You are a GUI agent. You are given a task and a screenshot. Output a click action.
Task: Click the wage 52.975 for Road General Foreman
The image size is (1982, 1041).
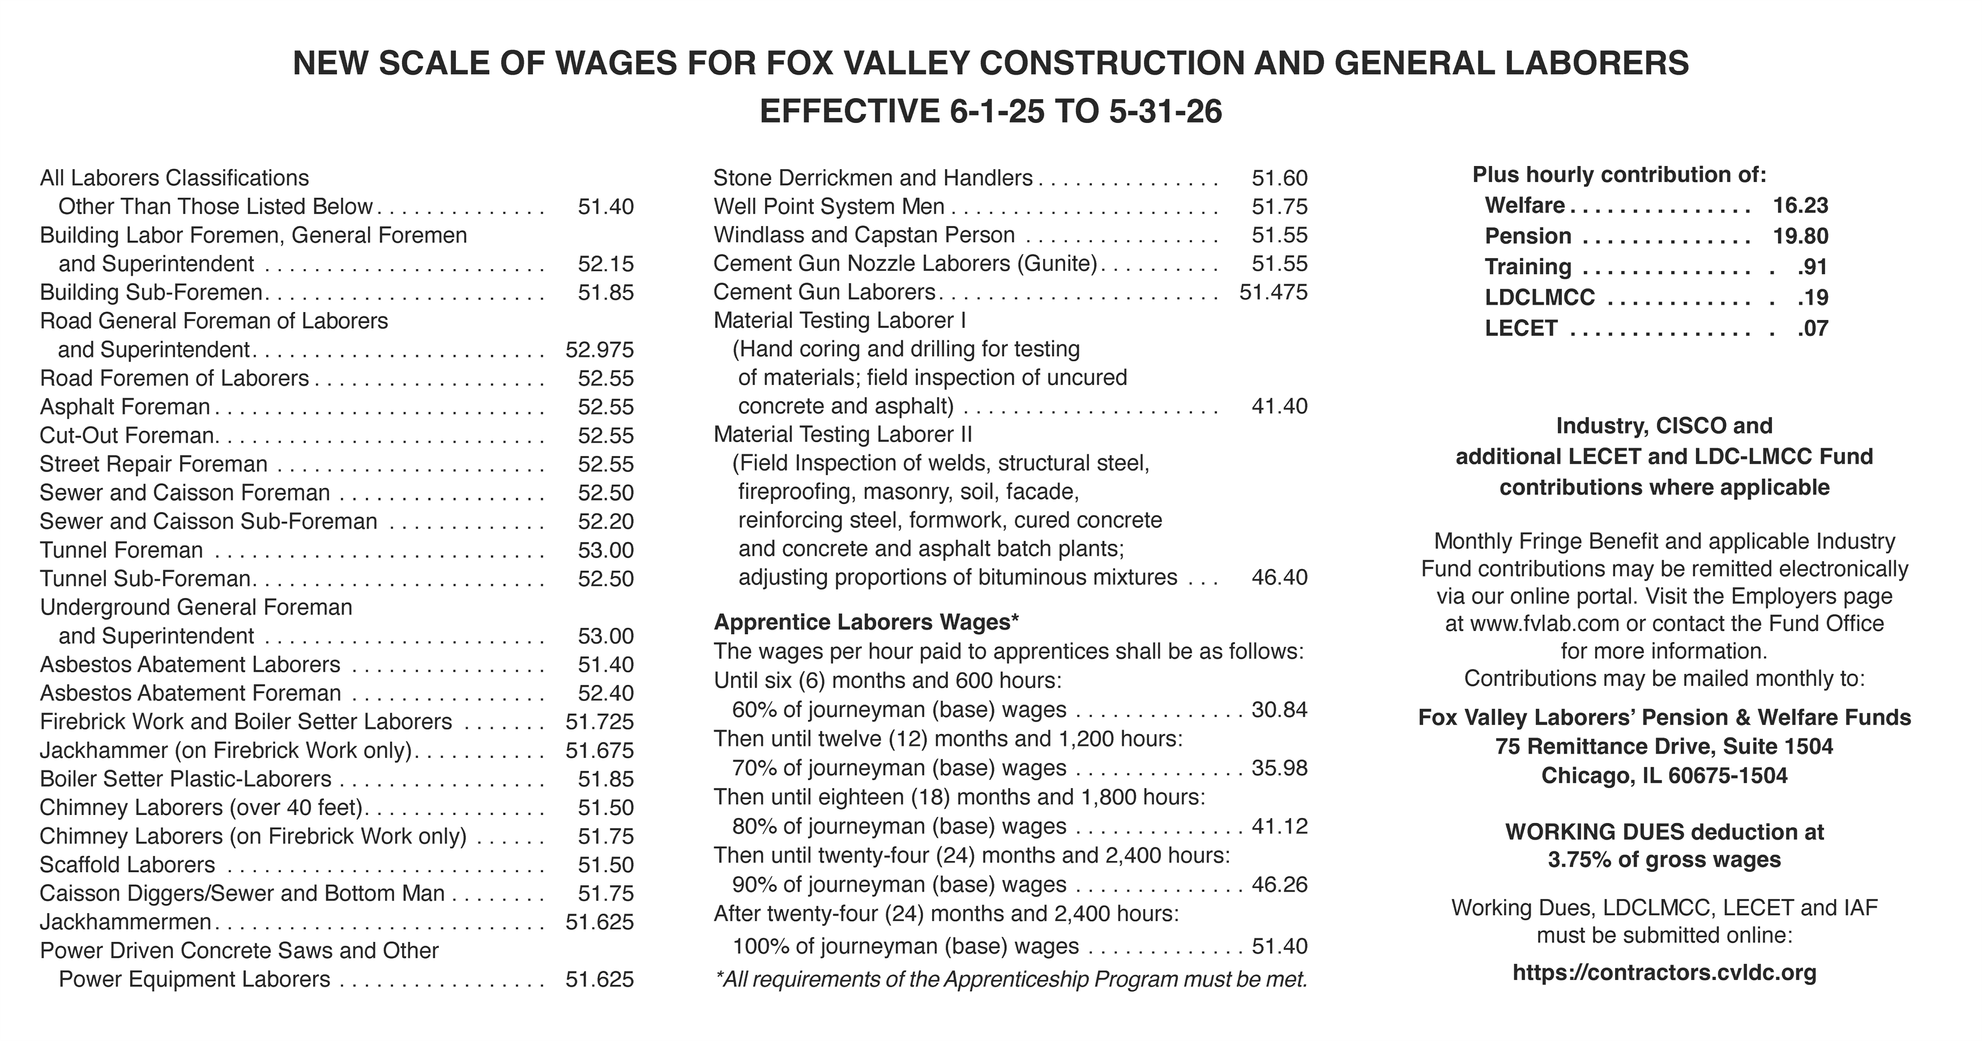click(599, 350)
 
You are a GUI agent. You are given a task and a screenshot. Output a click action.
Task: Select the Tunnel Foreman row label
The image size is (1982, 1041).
click(122, 550)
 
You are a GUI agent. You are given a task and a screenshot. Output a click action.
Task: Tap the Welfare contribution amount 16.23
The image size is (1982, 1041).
click(1800, 206)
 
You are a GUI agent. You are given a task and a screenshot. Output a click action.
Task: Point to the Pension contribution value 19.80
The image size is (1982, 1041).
click(1800, 236)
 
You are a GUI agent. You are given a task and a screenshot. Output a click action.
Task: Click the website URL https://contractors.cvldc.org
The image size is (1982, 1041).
click(1664, 972)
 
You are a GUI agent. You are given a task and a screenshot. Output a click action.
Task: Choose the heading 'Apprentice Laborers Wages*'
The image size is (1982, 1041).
click(866, 622)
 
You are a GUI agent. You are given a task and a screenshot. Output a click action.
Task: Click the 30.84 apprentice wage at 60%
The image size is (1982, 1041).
click(1279, 710)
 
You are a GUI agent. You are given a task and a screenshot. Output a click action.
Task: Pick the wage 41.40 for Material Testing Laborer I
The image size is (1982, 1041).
click(1279, 406)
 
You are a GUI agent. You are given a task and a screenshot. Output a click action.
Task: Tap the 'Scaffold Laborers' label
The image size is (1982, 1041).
click(128, 865)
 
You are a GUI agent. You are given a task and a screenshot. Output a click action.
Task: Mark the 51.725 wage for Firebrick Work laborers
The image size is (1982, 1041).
click(599, 722)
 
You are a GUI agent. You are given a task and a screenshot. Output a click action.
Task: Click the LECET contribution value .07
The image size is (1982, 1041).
click(1812, 328)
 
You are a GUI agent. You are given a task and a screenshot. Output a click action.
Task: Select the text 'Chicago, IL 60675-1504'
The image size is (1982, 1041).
click(1664, 775)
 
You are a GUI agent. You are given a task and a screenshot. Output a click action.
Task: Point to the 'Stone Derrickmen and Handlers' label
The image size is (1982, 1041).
click(873, 178)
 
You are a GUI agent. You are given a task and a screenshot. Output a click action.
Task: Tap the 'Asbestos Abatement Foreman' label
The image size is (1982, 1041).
click(191, 693)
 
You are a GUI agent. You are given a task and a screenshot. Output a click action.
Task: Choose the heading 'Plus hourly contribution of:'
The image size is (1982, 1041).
click(1620, 174)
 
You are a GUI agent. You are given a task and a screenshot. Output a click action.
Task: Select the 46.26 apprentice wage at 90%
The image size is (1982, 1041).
click(1279, 885)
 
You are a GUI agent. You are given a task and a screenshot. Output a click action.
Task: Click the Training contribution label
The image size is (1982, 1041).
click(1528, 267)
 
